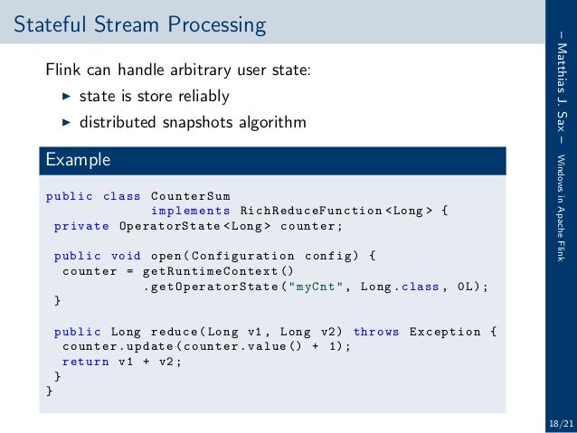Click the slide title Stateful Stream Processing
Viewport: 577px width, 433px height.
139,24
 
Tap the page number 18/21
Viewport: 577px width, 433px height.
560,422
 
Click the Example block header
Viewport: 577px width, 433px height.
78,160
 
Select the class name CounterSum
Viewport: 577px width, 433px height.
190,196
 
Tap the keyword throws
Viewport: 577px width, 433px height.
376,332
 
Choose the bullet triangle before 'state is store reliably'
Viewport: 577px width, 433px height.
65,96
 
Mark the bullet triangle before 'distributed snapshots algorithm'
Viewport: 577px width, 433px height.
65,121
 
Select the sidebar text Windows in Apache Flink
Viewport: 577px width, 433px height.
562,205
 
